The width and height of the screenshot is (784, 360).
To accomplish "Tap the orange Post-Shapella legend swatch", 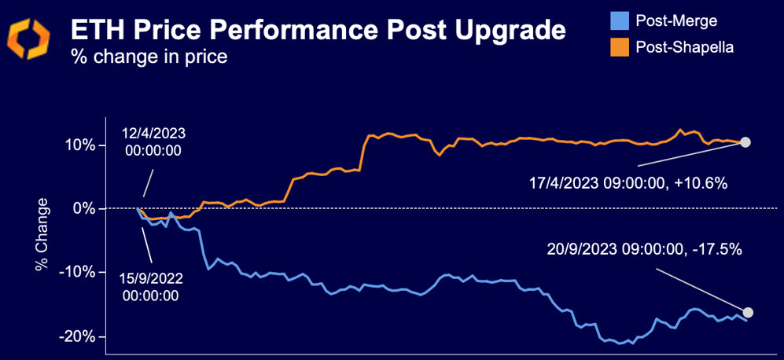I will coord(620,47).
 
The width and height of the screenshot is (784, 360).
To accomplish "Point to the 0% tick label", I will coord(87,209).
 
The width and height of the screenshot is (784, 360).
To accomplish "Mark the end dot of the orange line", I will coord(745,142).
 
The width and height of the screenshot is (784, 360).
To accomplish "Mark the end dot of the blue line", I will coord(747,312).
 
